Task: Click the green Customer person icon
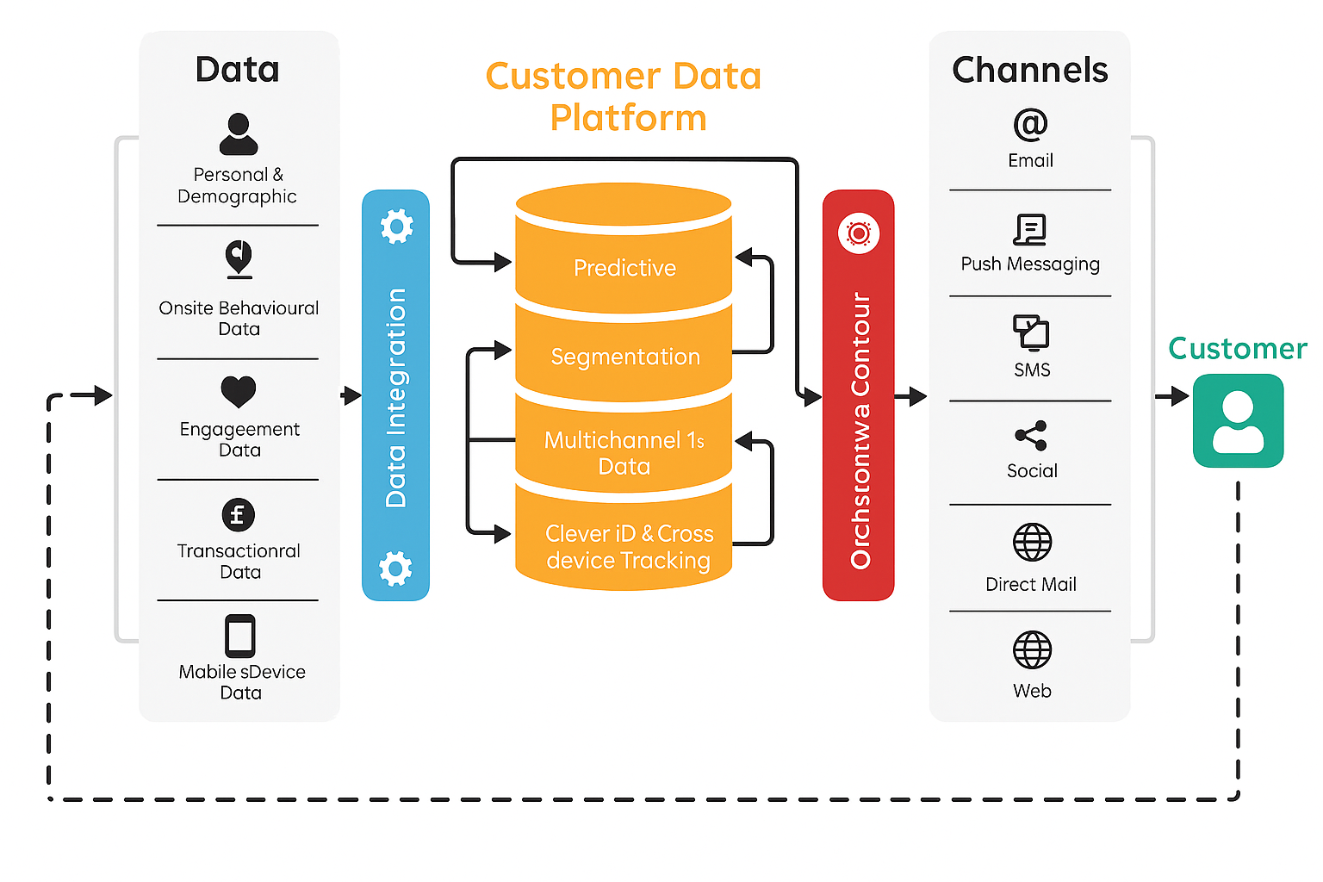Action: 1238,421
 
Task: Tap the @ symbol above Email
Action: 1030,125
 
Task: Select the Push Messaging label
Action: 1030,264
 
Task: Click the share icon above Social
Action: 1031,436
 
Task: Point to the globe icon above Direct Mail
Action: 1032,543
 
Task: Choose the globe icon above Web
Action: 1032,650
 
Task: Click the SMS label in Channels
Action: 1032,370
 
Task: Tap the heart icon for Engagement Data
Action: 239,392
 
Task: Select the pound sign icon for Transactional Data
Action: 239,515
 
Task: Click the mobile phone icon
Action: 240,637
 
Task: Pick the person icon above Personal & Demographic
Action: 239,134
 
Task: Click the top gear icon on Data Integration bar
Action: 396,227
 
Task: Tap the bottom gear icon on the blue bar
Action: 395,568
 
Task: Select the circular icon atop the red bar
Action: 859,233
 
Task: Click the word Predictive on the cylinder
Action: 624,268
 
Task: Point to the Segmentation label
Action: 625,357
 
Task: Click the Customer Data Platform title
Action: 624,96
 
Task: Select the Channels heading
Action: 1030,70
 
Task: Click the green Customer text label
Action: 1238,348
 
